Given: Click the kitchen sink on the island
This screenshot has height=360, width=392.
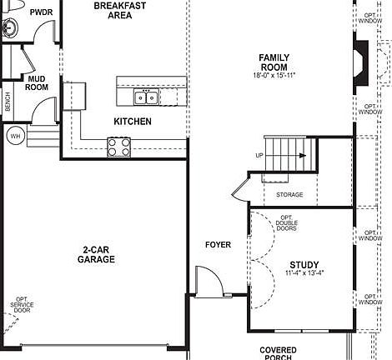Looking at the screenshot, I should click(x=146, y=98).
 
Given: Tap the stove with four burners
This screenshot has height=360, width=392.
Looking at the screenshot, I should click(x=118, y=147).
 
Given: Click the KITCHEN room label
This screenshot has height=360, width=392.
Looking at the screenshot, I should click(x=133, y=122).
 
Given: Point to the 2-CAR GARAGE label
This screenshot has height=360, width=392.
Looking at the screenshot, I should click(x=98, y=254).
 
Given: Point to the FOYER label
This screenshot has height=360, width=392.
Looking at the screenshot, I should click(x=218, y=245).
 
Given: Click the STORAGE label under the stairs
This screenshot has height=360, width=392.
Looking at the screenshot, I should click(x=289, y=195).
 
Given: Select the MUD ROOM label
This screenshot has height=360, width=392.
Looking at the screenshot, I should click(x=37, y=82).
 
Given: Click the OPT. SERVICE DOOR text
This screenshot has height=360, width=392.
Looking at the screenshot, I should click(x=22, y=309).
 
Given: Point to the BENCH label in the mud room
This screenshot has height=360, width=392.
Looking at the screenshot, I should click(x=8, y=102).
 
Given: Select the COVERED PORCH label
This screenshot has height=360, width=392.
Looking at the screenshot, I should click(x=278, y=353).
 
